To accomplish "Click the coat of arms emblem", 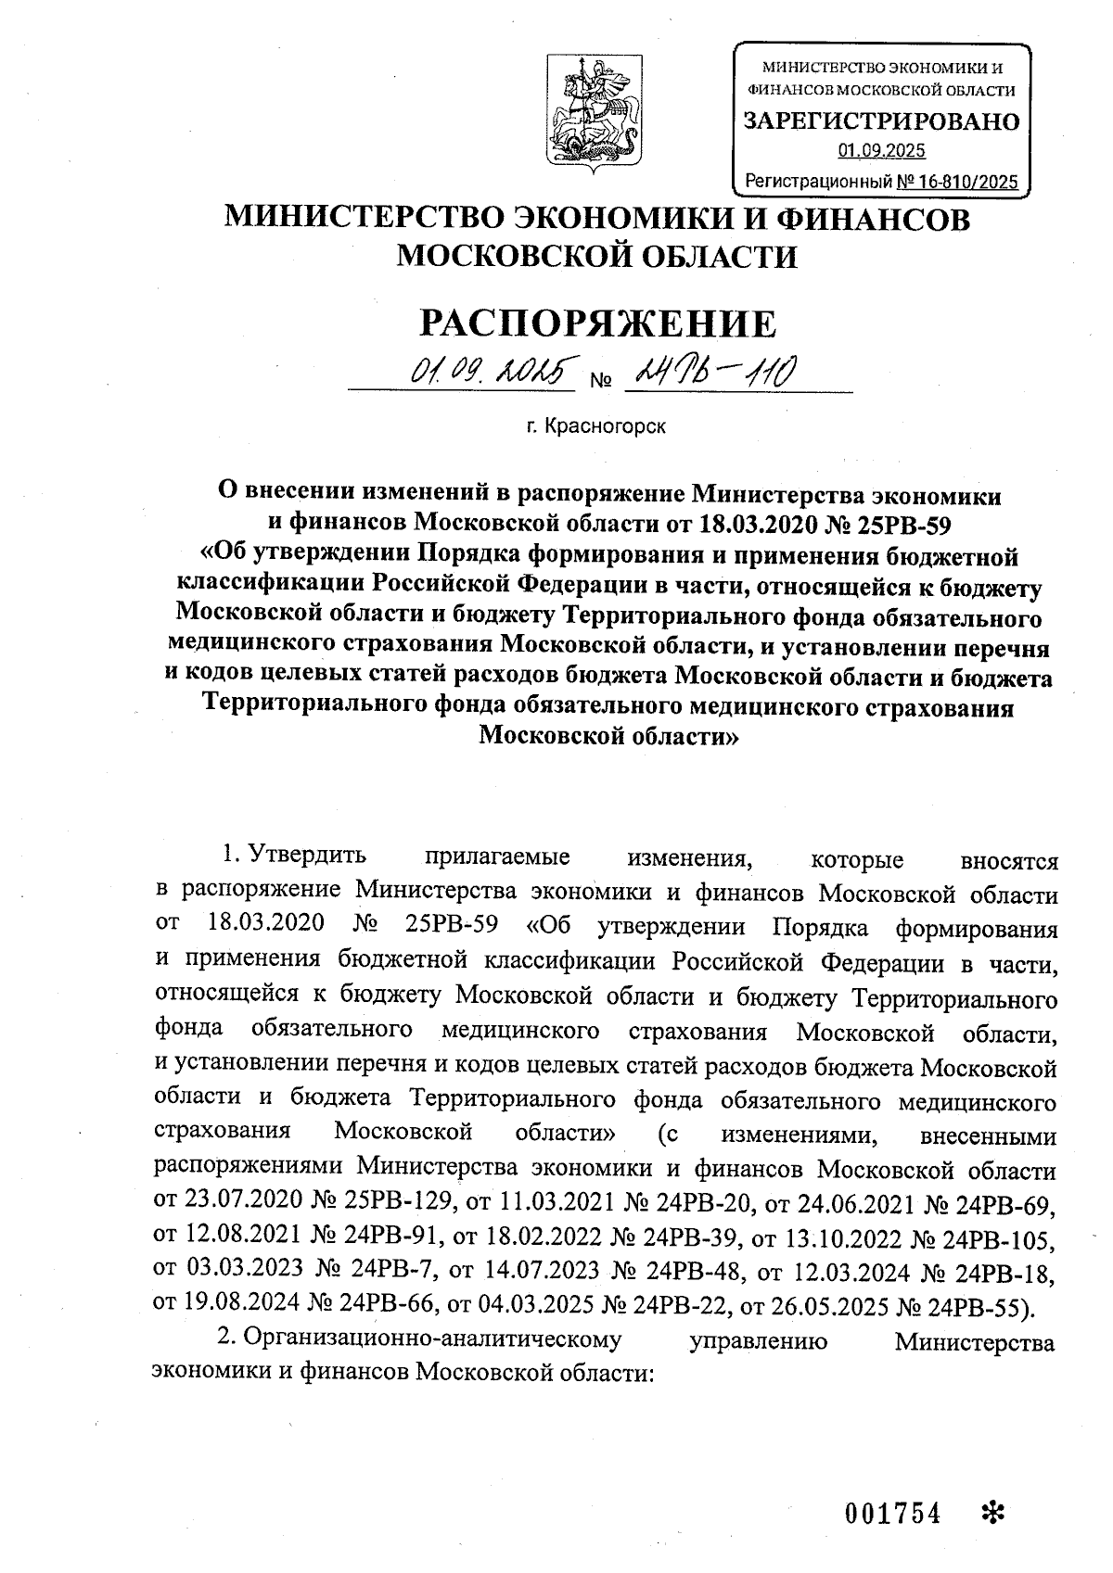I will click(x=590, y=109).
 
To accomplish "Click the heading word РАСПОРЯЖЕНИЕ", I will click(x=598, y=323).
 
